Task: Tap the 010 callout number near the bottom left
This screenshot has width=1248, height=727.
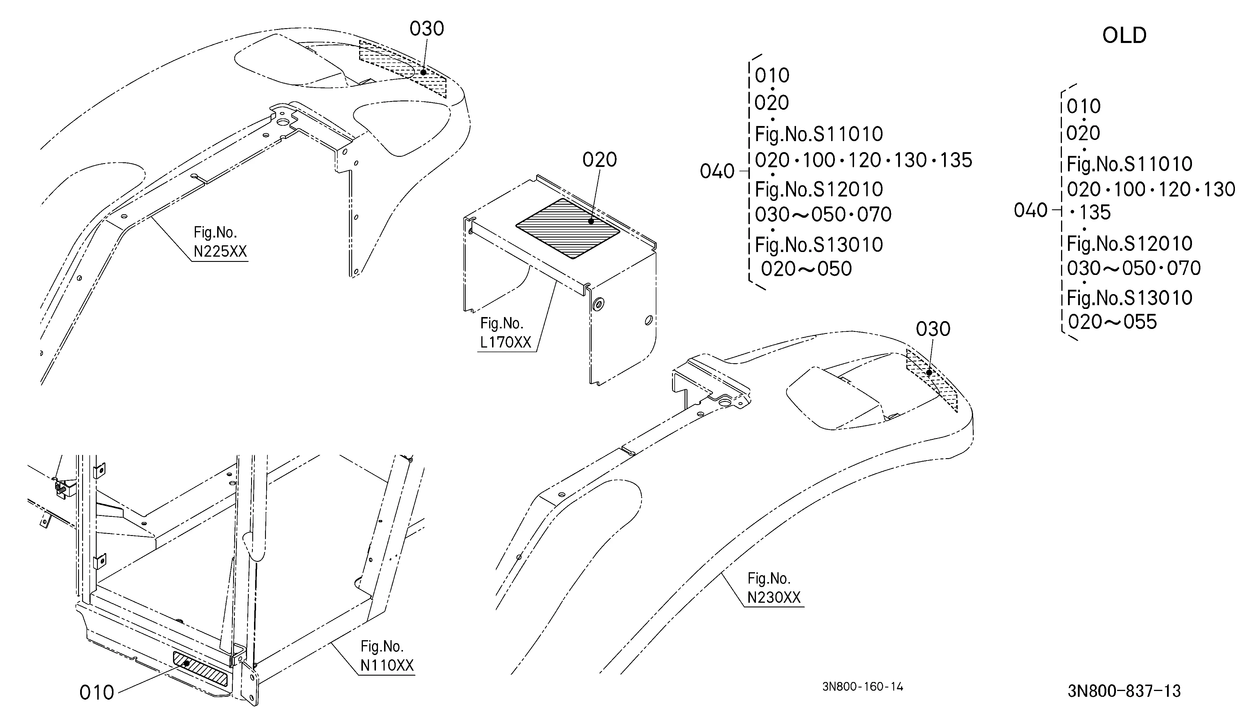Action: click(97, 692)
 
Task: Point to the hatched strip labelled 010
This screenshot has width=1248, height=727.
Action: click(201, 669)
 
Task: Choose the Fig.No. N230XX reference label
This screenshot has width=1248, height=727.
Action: click(774, 588)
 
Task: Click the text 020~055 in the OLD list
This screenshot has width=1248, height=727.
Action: click(1112, 322)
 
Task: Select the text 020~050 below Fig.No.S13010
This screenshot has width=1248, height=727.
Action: click(806, 269)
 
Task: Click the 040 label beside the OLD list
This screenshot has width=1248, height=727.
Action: click(1031, 210)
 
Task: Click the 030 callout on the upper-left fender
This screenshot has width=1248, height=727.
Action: click(426, 29)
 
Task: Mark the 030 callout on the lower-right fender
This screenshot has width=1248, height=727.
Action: click(933, 329)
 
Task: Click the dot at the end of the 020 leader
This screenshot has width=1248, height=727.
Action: click(591, 221)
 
